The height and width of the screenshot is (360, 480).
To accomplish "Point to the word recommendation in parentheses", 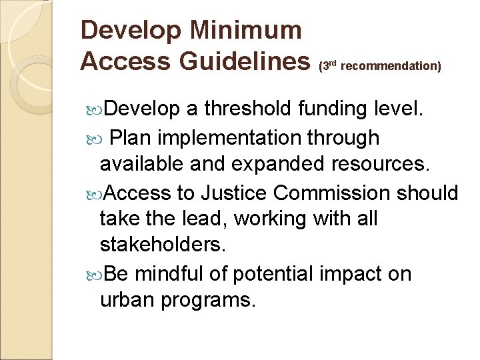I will pos(391,67).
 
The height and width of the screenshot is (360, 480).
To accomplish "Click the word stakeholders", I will pos(163,246).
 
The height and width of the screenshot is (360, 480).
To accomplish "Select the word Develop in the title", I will pos(131,30).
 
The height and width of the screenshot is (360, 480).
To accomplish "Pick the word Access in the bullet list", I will pos(138,193).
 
